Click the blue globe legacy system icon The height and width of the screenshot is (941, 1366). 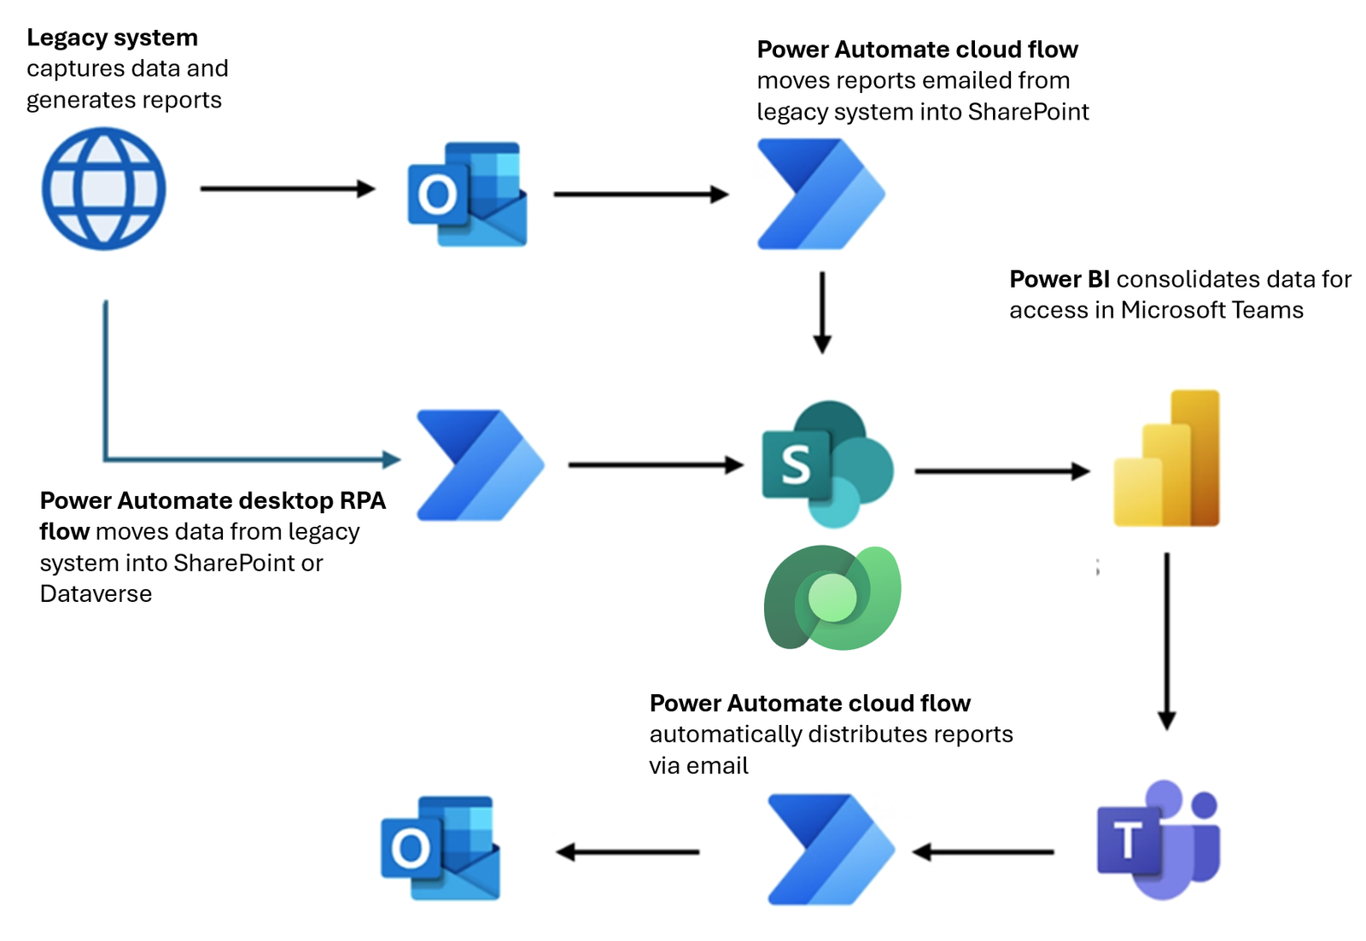pyautogui.click(x=104, y=189)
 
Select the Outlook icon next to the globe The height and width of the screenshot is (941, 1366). pyautogui.click(x=467, y=195)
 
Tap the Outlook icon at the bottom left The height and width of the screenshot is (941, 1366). pyautogui.click(x=440, y=848)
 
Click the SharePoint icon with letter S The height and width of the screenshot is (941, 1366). pyautogui.click(x=826, y=464)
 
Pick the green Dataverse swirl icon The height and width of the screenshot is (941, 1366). pyautogui.click(x=832, y=598)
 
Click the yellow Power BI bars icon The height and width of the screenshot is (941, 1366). pyautogui.click(x=1167, y=459)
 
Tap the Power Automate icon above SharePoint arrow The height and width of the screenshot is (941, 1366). pyautogui.click(x=820, y=195)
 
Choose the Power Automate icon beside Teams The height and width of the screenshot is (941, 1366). pyautogui.click(x=830, y=850)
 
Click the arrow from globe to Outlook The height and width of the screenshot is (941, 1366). pyautogui.click(x=287, y=189)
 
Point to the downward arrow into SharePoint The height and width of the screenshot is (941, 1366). pyautogui.click(x=821, y=312)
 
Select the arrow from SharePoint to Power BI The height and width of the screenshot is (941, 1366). pyautogui.click(x=1001, y=470)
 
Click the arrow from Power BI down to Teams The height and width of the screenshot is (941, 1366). pyautogui.click(x=1166, y=640)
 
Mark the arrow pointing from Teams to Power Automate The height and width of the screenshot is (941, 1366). pyautogui.click(x=983, y=851)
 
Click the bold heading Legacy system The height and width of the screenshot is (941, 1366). pyautogui.click(x=112, y=38)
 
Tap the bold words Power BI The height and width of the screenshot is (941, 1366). pyautogui.click(x=1059, y=279)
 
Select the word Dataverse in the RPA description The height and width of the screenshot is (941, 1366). pyautogui.click(x=96, y=594)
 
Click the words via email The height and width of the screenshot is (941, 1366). pyautogui.click(x=698, y=766)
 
